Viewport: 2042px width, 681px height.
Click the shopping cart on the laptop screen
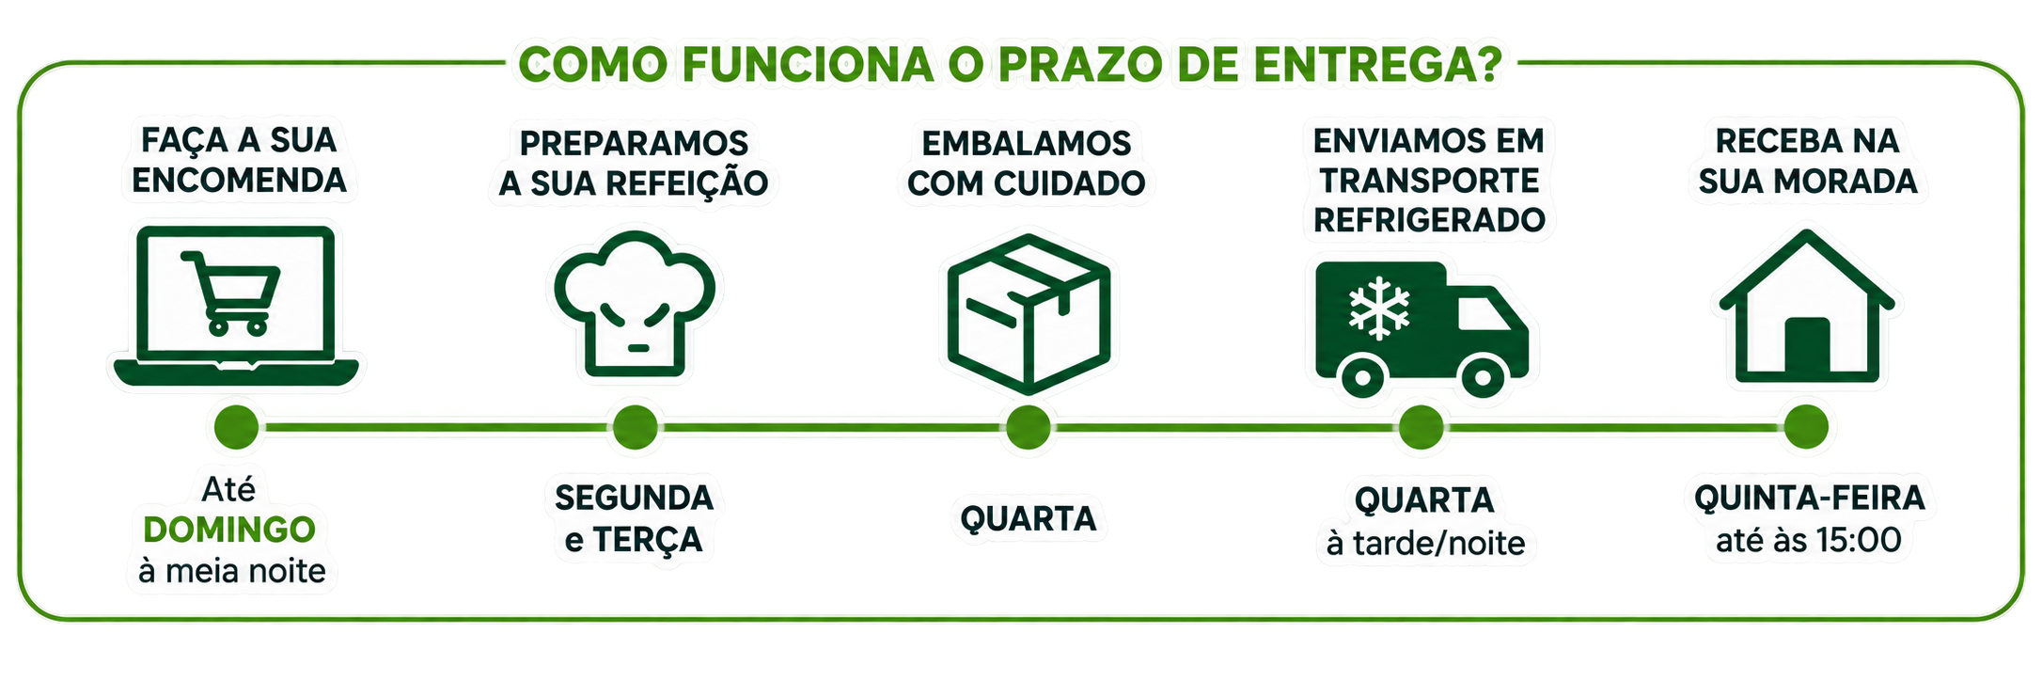click(231, 293)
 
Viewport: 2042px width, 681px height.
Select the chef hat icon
click(635, 304)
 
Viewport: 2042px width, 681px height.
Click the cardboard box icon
click(1029, 314)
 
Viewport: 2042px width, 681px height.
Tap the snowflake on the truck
click(1379, 308)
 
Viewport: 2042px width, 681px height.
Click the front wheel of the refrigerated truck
click(1483, 377)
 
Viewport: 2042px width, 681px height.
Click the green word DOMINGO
click(229, 530)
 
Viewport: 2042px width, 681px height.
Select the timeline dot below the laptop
click(236, 427)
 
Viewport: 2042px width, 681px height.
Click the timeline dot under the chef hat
click(636, 427)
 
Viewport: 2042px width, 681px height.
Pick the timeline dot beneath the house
click(1806, 427)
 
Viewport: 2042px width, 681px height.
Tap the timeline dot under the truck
click(1421, 427)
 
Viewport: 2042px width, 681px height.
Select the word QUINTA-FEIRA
click(1810, 498)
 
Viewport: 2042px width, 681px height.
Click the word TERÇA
click(648, 541)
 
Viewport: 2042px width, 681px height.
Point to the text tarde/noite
click(1439, 544)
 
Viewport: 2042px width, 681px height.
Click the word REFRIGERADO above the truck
click(1429, 220)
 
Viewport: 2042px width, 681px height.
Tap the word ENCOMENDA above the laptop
click(239, 181)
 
